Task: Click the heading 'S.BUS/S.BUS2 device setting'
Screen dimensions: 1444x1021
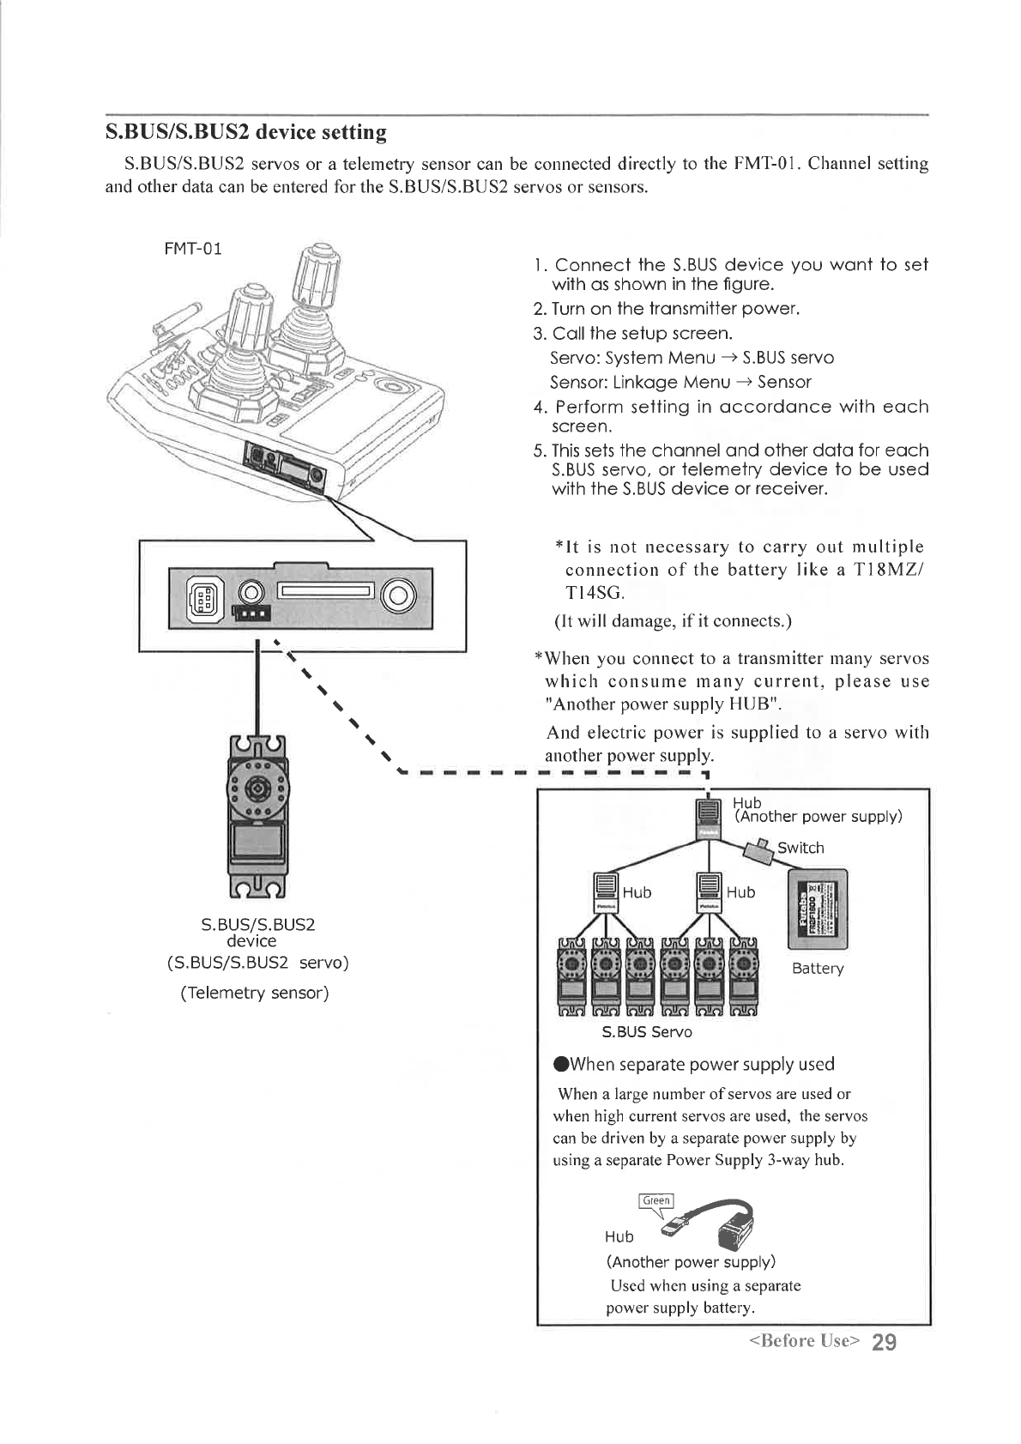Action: (x=245, y=132)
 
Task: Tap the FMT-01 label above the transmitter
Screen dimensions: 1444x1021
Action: (x=193, y=249)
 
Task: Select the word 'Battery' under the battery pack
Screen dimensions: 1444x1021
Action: (x=818, y=969)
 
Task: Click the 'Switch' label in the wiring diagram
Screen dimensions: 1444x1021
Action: (x=800, y=848)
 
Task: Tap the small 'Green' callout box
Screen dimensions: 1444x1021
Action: (x=656, y=1200)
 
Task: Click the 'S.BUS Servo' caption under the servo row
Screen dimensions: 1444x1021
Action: (x=647, y=1031)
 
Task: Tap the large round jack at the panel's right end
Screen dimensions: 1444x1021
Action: (x=400, y=595)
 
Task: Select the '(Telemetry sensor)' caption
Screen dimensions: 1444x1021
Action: (x=255, y=994)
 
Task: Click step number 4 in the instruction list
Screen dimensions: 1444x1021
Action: (x=539, y=407)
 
